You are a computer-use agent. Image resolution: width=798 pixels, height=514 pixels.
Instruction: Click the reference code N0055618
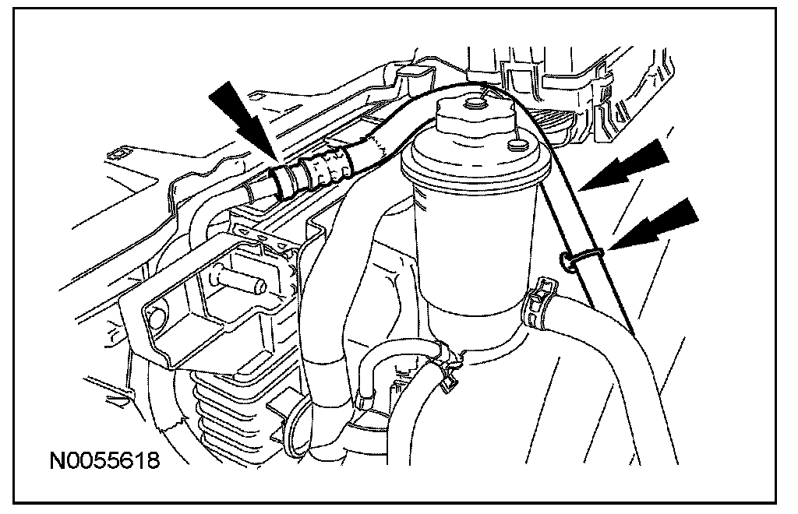point(105,460)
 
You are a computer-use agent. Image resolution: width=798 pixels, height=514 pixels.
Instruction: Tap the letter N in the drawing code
point(57,460)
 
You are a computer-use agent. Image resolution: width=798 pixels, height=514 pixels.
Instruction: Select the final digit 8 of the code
point(154,460)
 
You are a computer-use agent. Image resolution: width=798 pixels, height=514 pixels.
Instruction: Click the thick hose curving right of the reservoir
point(616,358)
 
